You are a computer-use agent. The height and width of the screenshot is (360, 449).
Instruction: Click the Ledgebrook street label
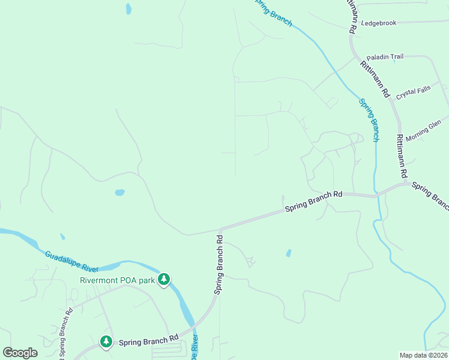(x=379, y=23)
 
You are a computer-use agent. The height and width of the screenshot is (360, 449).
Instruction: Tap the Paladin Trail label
(x=385, y=56)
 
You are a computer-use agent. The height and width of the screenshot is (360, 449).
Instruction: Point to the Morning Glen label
(x=423, y=130)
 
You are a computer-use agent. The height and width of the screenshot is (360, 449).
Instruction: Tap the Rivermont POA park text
(x=117, y=280)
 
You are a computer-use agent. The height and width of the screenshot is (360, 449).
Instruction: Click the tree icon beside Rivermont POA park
(x=164, y=280)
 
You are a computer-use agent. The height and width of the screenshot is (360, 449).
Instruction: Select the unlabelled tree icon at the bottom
(x=106, y=341)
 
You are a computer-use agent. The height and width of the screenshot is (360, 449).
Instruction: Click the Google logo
(x=20, y=353)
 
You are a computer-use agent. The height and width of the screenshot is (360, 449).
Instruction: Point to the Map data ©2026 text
(x=424, y=355)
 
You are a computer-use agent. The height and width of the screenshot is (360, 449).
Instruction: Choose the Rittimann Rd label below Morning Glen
(x=401, y=155)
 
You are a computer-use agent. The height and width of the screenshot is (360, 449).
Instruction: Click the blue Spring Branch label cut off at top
(x=273, y=12)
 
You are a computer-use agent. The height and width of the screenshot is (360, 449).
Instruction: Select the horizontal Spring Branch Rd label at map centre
(x=313, y=201)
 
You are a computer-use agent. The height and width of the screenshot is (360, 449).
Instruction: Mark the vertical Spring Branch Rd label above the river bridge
(x=220, y=263)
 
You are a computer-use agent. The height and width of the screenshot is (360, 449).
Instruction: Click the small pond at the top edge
(x=128, y=8)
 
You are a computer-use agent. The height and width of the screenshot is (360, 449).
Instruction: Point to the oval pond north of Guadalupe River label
(x=119, y=193)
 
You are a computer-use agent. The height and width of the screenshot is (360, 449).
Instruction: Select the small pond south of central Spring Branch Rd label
(x=289, y=253)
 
